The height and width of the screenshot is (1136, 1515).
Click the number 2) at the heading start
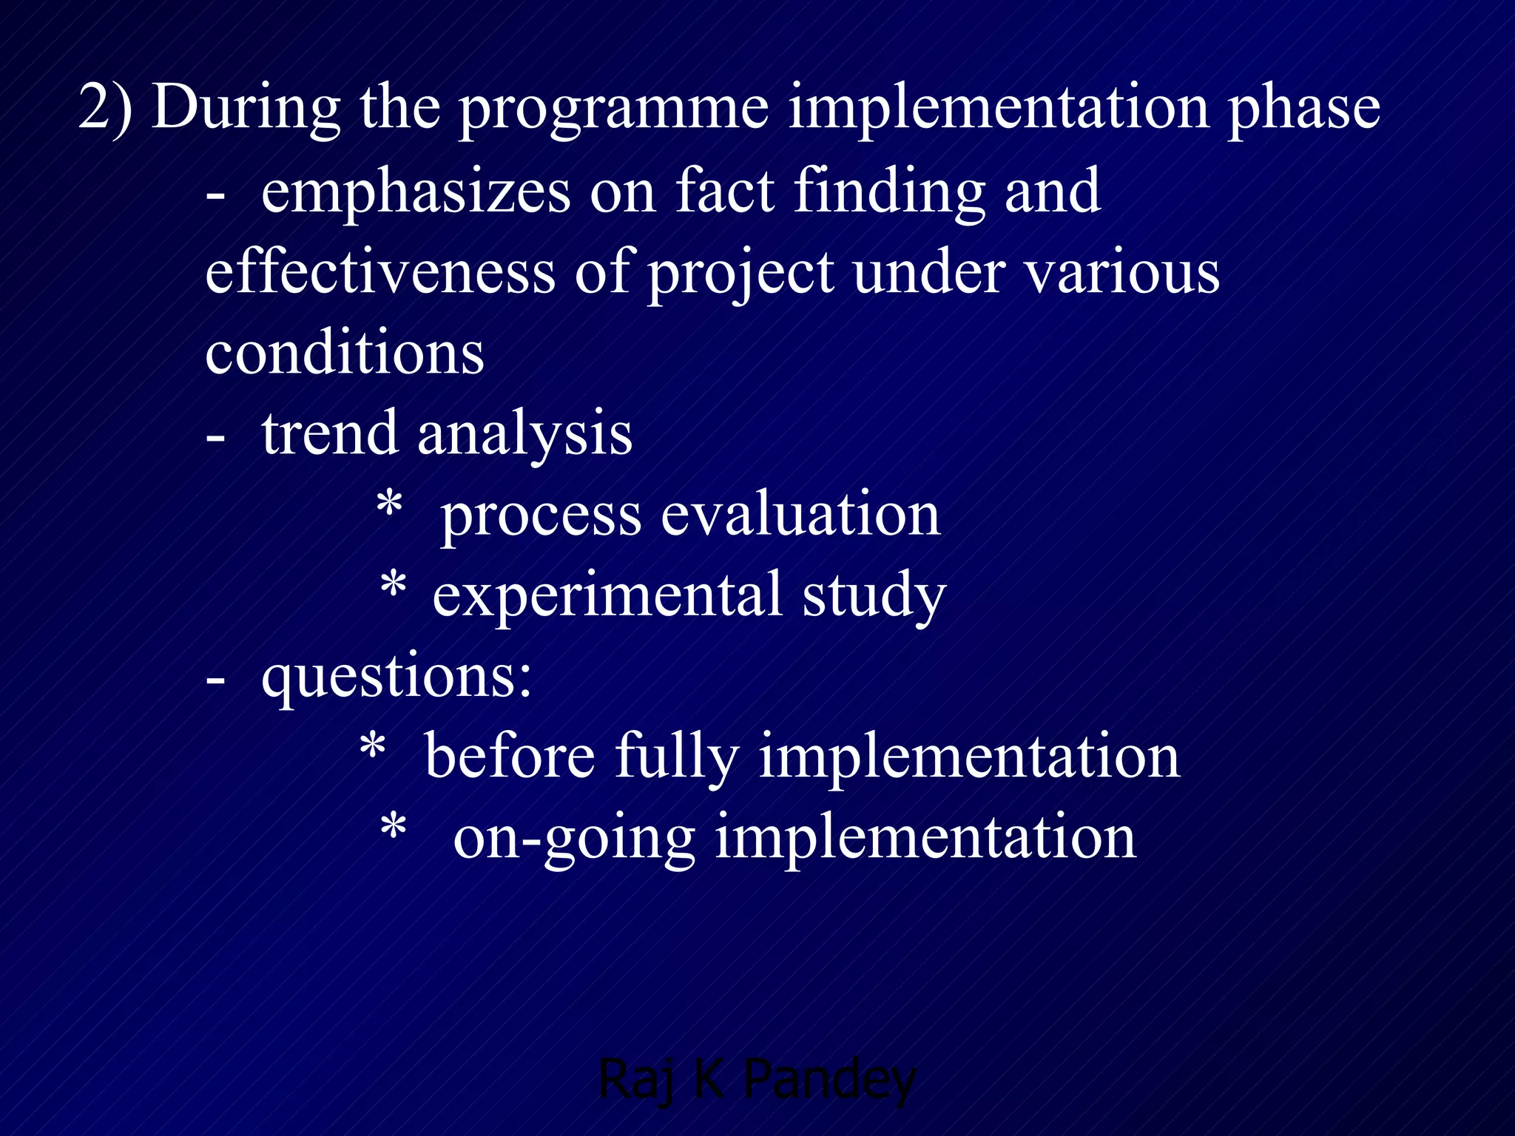point(105,107)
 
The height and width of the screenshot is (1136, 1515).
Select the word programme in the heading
point(614,111)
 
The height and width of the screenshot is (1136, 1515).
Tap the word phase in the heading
point(1303,111)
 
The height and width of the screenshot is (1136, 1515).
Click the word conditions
point(345,353)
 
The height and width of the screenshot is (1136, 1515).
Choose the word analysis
point(524,436)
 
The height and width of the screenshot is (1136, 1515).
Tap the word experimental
point(607,597)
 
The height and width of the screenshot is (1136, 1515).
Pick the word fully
point(677,758)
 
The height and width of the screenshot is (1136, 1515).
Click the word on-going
point(574,839)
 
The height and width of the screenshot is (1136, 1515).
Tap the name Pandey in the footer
point(829,1081)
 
